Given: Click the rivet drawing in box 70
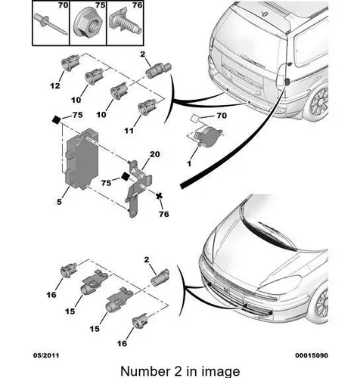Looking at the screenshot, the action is point(50,25).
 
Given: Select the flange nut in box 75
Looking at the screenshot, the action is point(88,25).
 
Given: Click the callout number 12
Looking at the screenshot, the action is point(55,85).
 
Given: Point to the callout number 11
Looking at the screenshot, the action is point(129,131).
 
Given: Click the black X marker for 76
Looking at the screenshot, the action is point(159,196).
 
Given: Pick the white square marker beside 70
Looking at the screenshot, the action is point(195,118).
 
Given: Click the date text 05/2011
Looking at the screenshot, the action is point(46,355).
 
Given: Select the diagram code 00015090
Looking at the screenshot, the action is point(312,355).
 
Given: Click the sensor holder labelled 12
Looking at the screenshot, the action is point(70,62).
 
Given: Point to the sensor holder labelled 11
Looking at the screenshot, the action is point(147,106).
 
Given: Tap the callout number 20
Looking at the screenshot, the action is point(154,153).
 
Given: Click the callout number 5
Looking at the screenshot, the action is point(59,202).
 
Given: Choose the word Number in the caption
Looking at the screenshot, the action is point(145,371).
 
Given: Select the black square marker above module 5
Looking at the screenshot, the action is point(56,119).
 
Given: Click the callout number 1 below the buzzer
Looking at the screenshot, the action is point(189,163).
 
